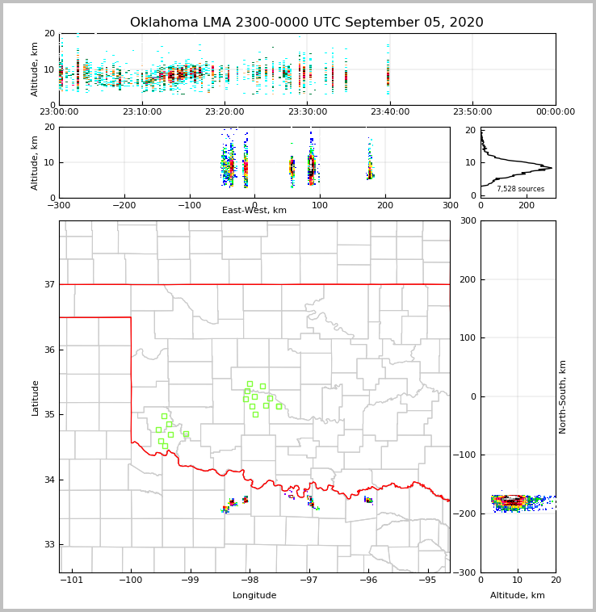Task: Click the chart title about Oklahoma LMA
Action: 306,23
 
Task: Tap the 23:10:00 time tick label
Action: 142,112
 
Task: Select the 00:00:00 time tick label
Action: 555,112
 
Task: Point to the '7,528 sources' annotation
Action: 520,189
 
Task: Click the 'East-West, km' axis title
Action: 254,211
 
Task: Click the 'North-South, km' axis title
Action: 563,396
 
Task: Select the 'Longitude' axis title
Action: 254,596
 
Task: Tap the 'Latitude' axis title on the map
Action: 35,397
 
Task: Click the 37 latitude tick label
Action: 49,284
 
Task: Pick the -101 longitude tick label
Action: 72,580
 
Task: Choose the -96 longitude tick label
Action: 367,580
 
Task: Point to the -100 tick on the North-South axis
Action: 464,455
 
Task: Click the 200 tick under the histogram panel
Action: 527,205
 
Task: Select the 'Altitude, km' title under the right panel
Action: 518,596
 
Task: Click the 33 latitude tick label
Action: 49,544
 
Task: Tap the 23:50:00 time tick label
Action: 472,112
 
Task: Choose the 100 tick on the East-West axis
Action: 320,205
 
